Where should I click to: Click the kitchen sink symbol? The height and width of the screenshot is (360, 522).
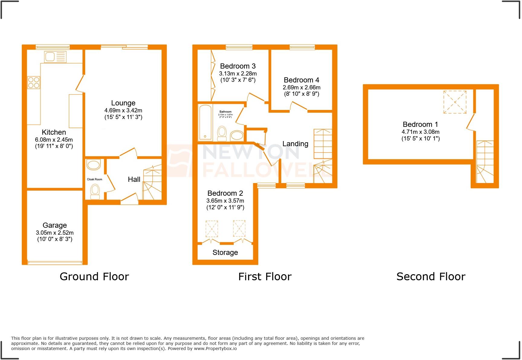point(55,56)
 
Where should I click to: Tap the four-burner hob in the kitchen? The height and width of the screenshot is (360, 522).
point(34,82)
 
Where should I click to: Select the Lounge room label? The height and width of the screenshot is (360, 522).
point(123,103)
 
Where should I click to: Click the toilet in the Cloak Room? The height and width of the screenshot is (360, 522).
point(95,192)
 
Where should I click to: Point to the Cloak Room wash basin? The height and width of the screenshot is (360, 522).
point(93,165)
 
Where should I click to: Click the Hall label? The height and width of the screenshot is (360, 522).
point(134,179)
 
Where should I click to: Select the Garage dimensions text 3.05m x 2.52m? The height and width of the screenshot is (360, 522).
point(55,233)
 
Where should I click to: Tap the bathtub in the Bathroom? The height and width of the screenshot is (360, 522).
point(205,123)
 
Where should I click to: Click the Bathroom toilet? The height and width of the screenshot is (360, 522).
point(222,133)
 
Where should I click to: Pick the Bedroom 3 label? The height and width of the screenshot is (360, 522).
point(238,66)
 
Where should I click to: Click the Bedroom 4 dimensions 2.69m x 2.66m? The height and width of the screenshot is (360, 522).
point(301,87)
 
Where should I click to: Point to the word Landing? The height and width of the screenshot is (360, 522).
point(295,144)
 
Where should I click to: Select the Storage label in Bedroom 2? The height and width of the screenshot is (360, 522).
point(225,252)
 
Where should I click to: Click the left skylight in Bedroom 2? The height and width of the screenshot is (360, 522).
point(211,229)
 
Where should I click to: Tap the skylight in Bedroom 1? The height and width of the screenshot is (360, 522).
point(455,102)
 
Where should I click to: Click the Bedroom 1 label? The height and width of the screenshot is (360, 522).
point(420,124)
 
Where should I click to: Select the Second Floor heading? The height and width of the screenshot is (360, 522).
point(431,277)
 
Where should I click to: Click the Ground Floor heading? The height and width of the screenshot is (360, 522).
point(94,277)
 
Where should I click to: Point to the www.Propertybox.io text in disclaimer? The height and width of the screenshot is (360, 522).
point(215,349)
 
